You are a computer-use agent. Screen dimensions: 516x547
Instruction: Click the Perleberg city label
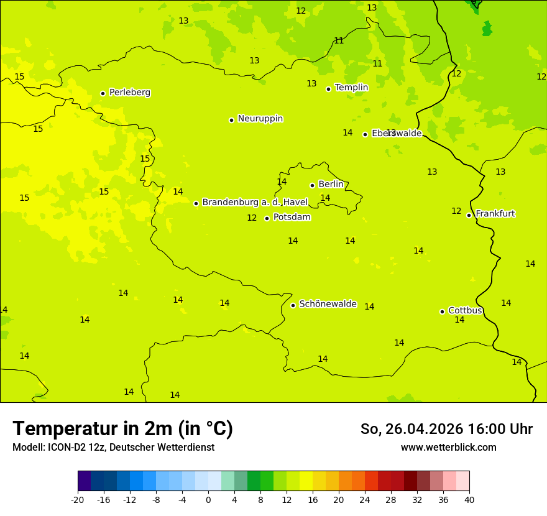click(129, 93)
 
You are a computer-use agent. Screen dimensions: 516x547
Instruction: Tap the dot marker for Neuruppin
click(231, 120)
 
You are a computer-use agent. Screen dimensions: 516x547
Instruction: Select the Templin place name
click(351, 88)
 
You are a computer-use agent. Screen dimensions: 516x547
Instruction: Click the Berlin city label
click(331, 185)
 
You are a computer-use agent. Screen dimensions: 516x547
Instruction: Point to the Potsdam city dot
click(267, 218)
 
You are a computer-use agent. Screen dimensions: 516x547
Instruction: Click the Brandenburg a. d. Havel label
click(255, 203)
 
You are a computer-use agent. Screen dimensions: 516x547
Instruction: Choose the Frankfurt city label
click(495, 214)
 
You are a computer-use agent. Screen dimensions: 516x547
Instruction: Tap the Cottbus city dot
click(442, 311)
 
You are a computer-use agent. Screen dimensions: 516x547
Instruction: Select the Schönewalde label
click(328, 304)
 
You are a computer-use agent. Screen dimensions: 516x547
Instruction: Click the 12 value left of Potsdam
click(252, 218)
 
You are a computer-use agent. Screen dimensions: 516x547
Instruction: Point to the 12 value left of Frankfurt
click(456, 211)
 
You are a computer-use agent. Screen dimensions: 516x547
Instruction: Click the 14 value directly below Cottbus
click(459, 320)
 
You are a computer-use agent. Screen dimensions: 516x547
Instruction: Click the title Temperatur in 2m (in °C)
click(122, 428)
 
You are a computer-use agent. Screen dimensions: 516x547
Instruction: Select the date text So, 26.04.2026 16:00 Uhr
click(446, 429)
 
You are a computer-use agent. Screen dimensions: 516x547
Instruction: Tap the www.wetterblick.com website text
click(448, 448)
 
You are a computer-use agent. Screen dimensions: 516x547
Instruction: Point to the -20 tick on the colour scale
click(78, 500)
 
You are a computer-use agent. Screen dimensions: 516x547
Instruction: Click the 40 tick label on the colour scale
click(469, 500)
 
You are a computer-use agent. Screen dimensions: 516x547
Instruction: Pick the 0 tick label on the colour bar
click(208, 500)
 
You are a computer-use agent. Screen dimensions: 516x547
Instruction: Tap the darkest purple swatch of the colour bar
click(84, 481)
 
